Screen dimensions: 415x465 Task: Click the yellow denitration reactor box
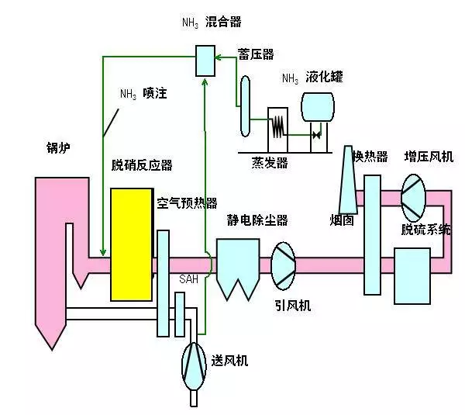[x=131, y=244]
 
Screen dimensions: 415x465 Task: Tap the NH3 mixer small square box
[x=205, y=60]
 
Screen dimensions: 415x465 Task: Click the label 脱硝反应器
[x=142, y=165]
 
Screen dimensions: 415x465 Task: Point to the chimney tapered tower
[x=346, y=179]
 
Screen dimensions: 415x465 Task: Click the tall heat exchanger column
[x=372, y=234]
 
